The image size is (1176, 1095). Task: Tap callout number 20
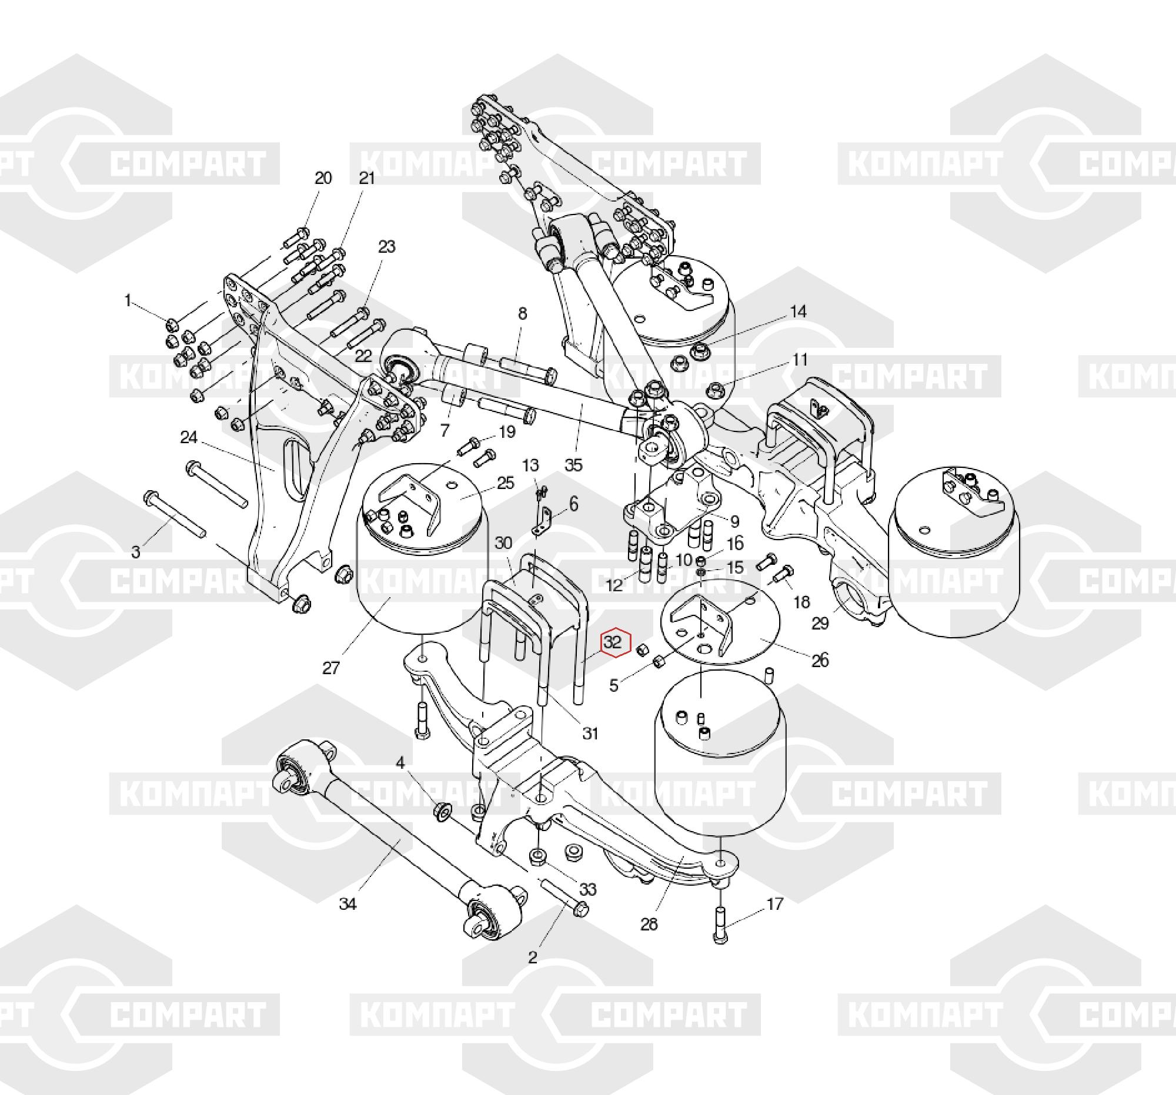click(323, 178)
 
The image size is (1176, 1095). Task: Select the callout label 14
click(799, 312)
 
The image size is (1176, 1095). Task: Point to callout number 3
click(136, 552)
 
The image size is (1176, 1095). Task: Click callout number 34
click(348, 904)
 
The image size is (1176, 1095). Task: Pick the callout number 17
click(775, 903)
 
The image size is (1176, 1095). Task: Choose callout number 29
click(820, 623)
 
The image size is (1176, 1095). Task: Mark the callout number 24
click(189, 437)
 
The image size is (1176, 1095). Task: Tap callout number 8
click(522, 313)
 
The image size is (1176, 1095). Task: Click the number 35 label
click(573, 465)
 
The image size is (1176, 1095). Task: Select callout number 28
click(649, 923)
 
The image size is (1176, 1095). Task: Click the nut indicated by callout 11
click(716, 389)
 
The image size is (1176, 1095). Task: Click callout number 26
click(820, 660)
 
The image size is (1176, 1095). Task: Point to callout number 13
click(530, 465)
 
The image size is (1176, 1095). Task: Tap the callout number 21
click(367, 178)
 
